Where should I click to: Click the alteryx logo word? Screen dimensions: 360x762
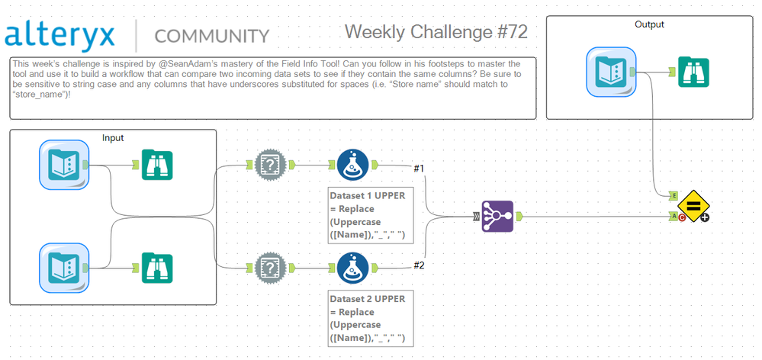tap(61, 35)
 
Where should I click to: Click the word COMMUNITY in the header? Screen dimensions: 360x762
tap(211, 37)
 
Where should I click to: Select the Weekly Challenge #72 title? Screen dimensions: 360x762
tap(436, 32)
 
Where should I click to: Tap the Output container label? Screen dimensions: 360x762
tap(649, 24)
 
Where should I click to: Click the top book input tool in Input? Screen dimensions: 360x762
tap(64, 164)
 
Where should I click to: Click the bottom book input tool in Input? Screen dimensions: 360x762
tap(64, 267)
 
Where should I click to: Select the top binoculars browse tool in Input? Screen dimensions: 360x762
tap(157, 164)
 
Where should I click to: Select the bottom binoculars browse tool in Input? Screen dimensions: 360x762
tap(157, 267)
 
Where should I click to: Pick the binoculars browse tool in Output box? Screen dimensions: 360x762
tap(695, 72)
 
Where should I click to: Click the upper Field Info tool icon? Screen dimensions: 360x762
tap(269, 164)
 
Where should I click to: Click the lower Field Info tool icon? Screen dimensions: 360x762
tap(269, 267)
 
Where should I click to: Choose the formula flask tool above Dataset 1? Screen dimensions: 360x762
tap(352, 164)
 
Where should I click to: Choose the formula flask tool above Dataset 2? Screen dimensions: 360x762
tap(352, 267)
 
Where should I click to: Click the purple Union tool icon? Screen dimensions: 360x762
tap(497, 217)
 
